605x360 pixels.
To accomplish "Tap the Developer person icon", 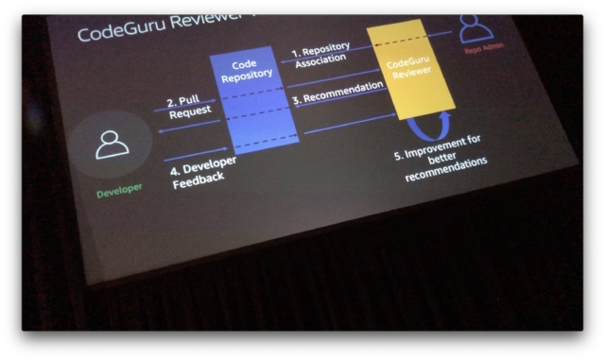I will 112,143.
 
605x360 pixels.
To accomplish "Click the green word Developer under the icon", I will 120,189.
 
